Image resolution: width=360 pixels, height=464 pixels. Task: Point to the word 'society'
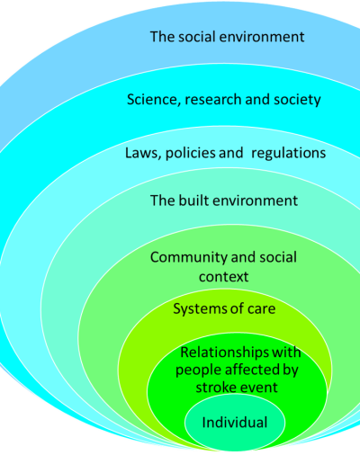click(x=297, y=100)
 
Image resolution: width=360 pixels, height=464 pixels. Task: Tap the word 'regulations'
click(x=288, y=154)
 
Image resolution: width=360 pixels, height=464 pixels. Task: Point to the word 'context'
click(x=223, y=277)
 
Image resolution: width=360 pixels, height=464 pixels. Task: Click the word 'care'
click(x=261, y=309)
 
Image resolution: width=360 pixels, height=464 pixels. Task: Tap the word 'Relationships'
click(x=224, y=352)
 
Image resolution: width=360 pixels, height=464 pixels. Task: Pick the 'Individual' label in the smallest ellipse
click(x=235, y=423)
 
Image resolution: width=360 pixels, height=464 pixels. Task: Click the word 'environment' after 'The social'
click(x=263, y=37)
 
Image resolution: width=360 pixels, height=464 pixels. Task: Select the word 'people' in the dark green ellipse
click(x=199, y=370)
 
